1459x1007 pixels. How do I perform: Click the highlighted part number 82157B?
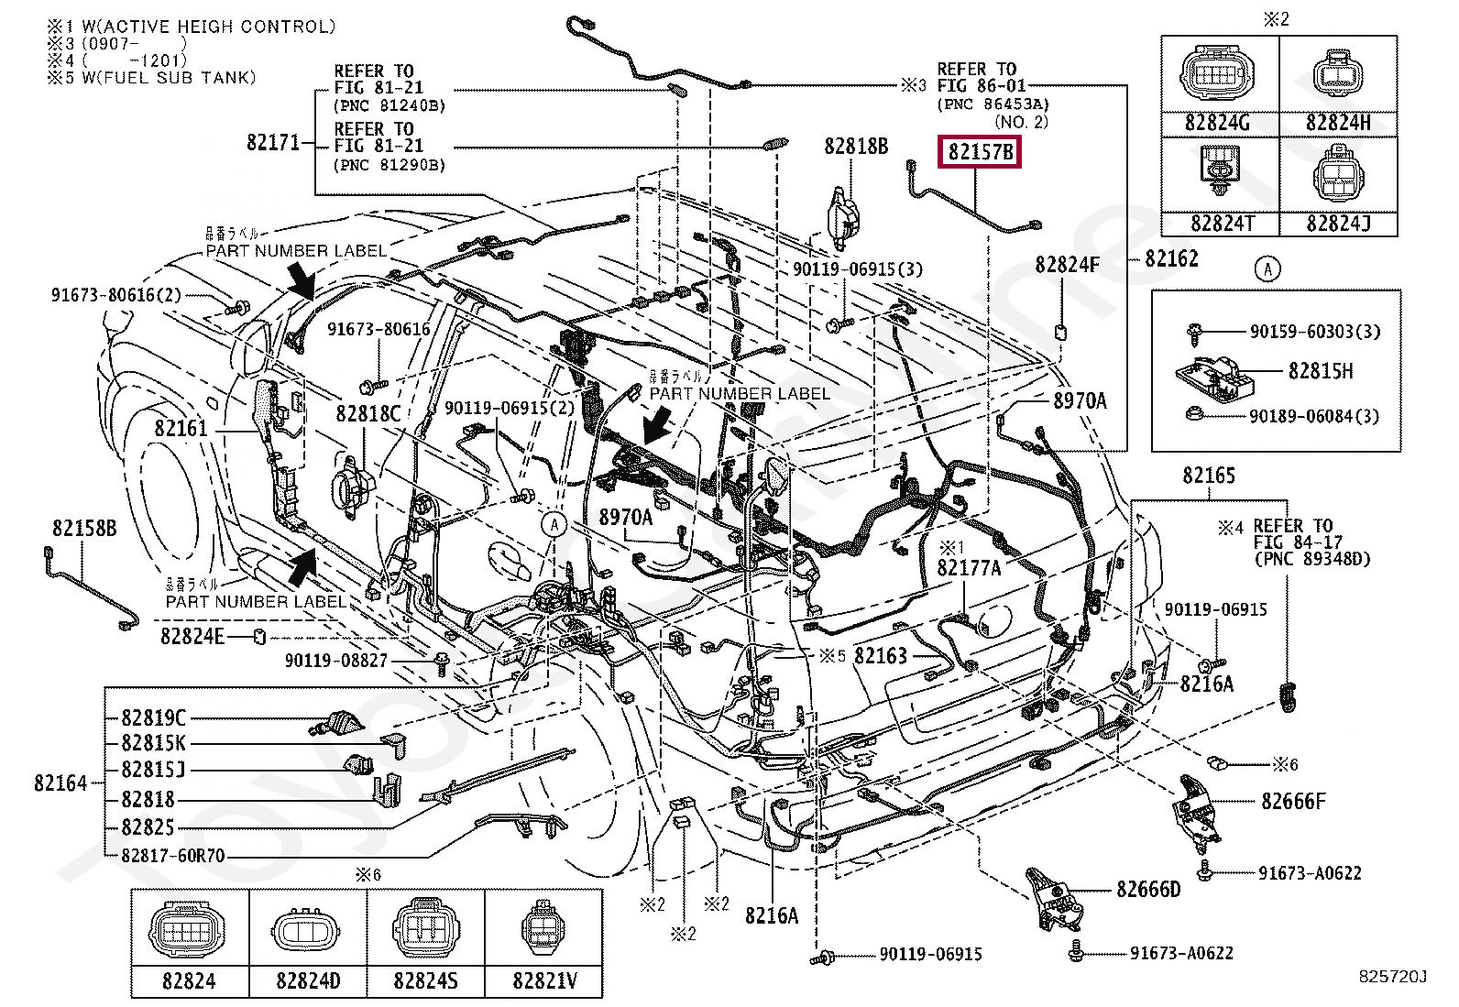pyautogui.click(x=980, y=152)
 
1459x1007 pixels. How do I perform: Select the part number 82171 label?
pyautogui.click(x=273, y=143)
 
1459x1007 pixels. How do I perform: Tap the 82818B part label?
pyautogui.click(x=856, y=147)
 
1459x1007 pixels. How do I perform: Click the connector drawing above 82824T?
pyautogui.click(x=1218, y=174)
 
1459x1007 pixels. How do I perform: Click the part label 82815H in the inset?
pyautogui.click(x=1320, y=371)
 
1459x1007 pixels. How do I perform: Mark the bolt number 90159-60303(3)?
pyautogui.click(x=1314, y=332)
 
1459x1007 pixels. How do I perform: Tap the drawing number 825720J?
pyautogui.click(x=1392, y=977)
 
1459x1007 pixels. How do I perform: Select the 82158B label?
pyautogui.click(x=84, y=529)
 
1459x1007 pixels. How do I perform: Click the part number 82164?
pyautogui.click(x=60, y=783)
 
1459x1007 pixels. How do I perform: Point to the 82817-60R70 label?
pyautogui.click(x=173, y=856)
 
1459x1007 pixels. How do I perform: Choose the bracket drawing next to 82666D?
pyautogui.click(x=1051, y=897)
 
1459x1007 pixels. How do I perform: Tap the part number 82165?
pyautogui.click(x=1209, y=476)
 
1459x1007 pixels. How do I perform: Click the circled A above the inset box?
pyautogui.click(x=1268, y=268)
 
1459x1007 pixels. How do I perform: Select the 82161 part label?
pyautogui.click(x=181, y=428)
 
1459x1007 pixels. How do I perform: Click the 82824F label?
pyautogui.click(x=1067, y=265)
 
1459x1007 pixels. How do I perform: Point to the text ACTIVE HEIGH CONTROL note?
pyautogui.click(x=208, y=27)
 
